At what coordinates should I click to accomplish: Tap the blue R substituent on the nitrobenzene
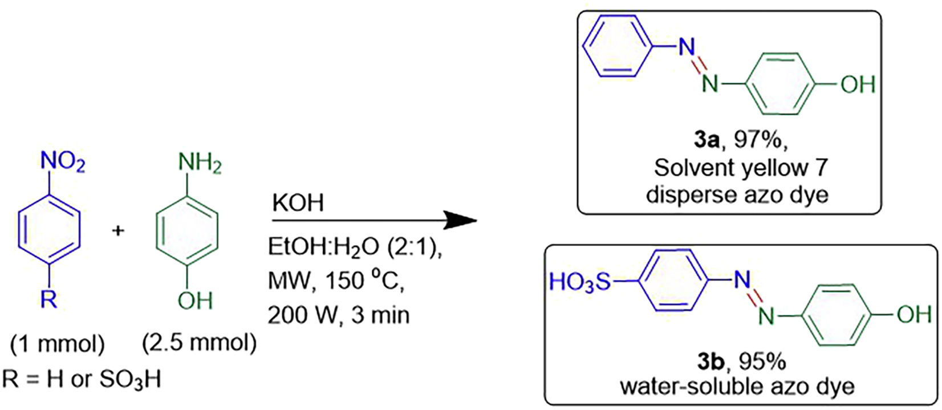point(49,299)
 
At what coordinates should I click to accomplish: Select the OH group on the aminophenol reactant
point(195,299)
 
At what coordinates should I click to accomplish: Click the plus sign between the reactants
point(119,232)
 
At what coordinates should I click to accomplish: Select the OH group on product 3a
point(858,85)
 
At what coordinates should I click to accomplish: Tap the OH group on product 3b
point(914,314)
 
